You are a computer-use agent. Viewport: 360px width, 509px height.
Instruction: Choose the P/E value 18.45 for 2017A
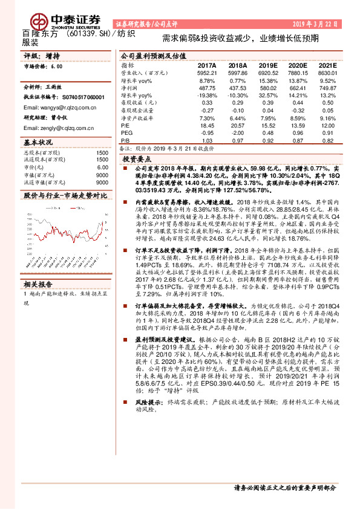207,124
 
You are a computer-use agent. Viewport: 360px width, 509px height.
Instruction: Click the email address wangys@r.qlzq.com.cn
61,107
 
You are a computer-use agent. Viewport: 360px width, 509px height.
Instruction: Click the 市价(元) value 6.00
102,167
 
